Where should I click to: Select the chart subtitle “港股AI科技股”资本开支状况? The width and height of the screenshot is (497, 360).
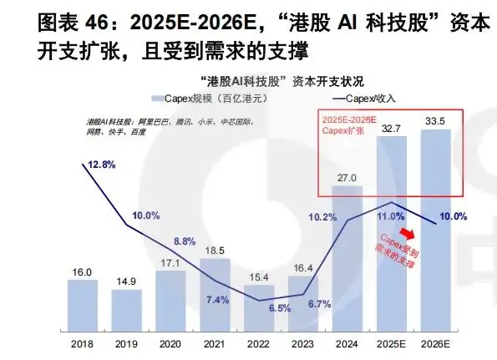(x=283, y=81)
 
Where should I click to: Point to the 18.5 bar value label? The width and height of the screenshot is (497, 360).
(x=215, y=250)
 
